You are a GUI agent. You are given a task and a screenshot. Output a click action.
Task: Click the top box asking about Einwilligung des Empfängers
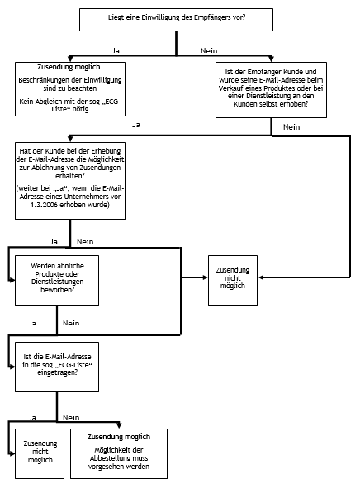click(176, 20)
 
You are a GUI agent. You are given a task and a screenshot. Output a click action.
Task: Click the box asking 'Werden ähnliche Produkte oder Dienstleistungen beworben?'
click(57, 280)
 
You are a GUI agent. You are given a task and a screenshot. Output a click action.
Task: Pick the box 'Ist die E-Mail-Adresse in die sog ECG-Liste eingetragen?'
click(57, 367)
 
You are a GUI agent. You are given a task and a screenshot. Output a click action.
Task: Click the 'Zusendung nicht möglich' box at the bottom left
click(40, 453)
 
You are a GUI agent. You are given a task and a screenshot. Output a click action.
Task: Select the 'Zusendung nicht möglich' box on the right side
click(233, 280)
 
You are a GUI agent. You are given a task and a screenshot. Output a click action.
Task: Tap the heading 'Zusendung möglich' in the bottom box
click(119, 437)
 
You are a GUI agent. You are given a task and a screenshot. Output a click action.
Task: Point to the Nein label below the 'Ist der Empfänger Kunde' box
click(291, 127)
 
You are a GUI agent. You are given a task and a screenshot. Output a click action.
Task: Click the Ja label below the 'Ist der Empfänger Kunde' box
click(136, 125)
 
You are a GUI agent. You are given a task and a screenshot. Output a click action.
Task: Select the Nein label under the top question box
click(209, 50)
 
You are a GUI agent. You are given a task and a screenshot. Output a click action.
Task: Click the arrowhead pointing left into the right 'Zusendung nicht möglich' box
click(261, 277)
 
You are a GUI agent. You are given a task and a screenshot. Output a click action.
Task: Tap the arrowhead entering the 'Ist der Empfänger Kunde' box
click(271, 59)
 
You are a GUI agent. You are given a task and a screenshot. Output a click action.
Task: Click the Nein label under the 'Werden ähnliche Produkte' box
click(71, 323)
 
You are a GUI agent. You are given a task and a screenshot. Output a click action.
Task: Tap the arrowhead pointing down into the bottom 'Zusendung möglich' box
click(119, 425)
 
